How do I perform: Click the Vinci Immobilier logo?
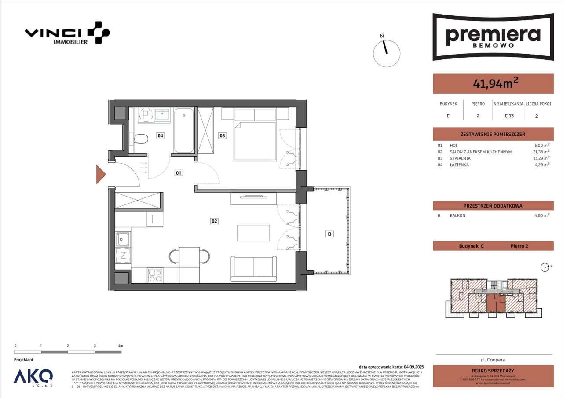point(67,33)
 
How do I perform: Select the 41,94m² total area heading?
point(493,84)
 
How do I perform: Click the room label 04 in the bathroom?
point(161,136)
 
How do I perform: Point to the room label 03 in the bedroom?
point(223,136)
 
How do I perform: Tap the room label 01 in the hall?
point(179,173)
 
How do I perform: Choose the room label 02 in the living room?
point(214,221)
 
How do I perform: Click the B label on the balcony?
point(329,234)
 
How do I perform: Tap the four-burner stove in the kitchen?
point(155,275)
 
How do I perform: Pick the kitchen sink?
point(123,240)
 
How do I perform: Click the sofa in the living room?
point(254,269)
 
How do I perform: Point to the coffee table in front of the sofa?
point(254,233)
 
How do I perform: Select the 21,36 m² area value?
point(541,152)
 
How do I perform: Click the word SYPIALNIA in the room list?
point(460,158)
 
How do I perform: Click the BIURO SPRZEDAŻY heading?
point(493,370)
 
